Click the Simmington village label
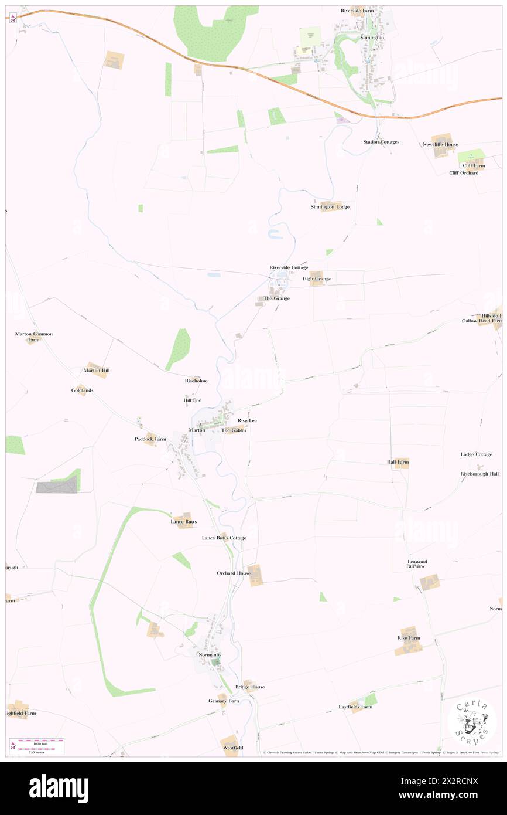tap(372, 37)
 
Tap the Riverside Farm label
tap(357, 11)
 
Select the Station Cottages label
tap(381, 142)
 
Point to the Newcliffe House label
tap(441, 144)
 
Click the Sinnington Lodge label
tap(330, 207)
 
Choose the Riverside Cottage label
tap(289, 267)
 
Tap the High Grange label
tap(317, 279)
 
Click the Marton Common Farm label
tap(33, 337)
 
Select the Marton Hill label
tap(97, 371)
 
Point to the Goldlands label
tap(83, 390)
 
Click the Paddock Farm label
tap(150, 439)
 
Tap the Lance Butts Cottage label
tap(224, 538)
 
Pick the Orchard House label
tap(234, 573)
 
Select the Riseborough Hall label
tap(479, 473)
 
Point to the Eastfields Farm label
tap(355, 707)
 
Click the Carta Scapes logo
tap(472, 722)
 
